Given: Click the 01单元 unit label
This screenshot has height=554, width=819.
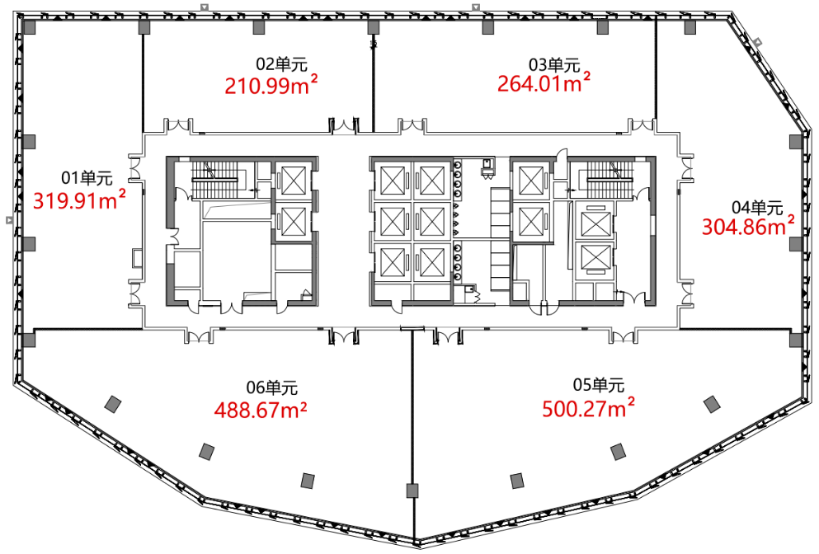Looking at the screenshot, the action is point(87,178).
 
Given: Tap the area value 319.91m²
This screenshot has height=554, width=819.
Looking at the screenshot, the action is point(79,200).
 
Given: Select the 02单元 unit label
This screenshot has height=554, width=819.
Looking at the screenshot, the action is point(281,64).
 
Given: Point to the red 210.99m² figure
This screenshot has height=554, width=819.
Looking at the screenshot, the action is point(271,85).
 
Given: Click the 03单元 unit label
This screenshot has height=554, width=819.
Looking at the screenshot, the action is point(554,65).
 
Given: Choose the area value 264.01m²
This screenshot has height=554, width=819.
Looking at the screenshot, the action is point(544,82).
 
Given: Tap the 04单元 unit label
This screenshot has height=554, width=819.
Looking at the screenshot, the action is point(757,207).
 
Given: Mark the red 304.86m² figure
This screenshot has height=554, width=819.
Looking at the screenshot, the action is point(748,226).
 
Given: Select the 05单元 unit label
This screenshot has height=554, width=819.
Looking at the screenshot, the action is point(599,385).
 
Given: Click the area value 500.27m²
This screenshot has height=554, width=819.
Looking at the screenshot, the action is point(588,408).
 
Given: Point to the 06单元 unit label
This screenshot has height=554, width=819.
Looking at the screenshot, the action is point(271,387).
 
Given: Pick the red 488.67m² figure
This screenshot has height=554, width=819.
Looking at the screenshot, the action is point(260,410).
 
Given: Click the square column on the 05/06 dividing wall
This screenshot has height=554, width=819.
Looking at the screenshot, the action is point(412,491).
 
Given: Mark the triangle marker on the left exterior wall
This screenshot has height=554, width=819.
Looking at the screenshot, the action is point(9,220).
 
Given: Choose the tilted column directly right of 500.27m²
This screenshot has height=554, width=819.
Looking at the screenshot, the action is point(710,404).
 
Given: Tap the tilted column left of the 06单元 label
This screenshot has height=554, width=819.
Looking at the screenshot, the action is point(113,404).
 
